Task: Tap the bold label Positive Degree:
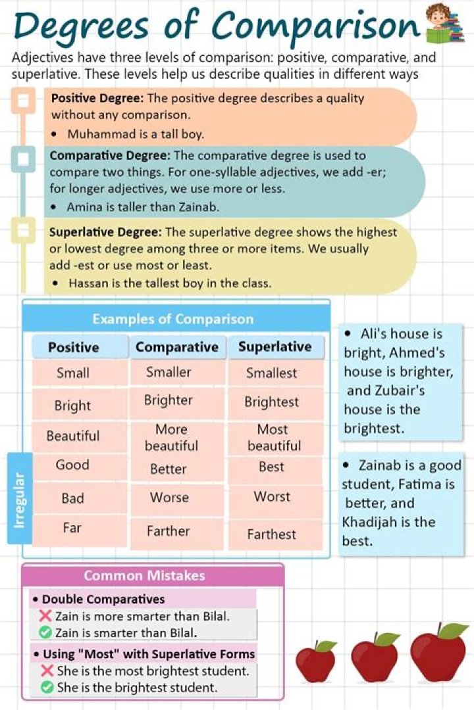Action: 97,99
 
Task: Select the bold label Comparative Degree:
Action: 109,156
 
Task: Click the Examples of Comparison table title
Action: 172,319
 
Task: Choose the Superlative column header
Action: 275,346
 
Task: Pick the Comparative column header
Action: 176,347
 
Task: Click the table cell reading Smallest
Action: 272,373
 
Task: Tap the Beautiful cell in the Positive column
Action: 73,436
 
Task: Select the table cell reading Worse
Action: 169,498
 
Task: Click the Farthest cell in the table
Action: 272,534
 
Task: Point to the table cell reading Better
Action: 168,469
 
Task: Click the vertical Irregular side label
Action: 19,500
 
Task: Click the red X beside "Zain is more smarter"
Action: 45,617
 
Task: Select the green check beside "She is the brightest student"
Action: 47,688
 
